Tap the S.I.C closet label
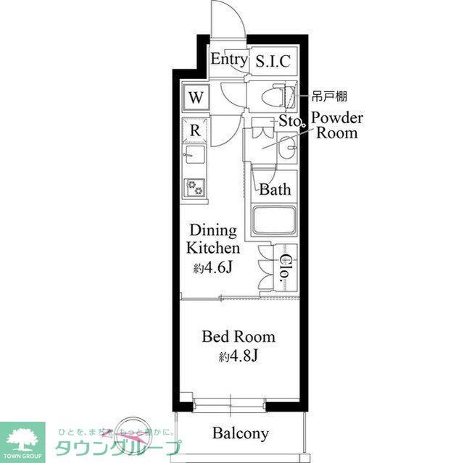point(273,62)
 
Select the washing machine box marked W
point(196,96)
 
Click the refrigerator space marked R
point(195,131)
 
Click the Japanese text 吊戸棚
point(329,95)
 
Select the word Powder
point(337,119)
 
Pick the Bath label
point(275,191)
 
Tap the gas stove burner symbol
point(195,187)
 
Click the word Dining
point(213,231)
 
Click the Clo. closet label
point(286,269)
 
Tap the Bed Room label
point(239,337)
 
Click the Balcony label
point(241,434)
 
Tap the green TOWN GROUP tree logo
point(22,438)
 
